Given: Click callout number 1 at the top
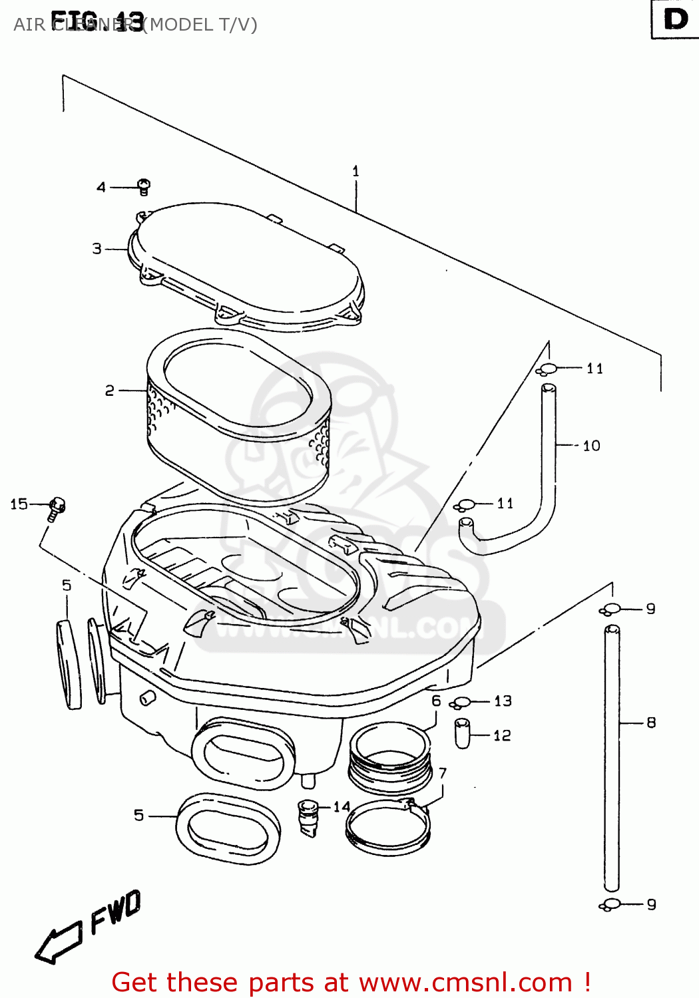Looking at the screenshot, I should point(355,171).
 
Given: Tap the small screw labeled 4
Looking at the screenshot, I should point(144,187).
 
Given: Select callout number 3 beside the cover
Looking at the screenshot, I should point(97,249).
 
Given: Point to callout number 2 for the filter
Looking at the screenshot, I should point(110,391).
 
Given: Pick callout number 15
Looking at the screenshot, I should point(19,504).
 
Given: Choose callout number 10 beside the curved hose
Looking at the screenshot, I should point(591,446).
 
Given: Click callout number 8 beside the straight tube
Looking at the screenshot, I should point(651,723).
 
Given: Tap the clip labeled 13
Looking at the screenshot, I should point(461,703).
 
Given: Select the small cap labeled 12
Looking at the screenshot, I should point(463,733).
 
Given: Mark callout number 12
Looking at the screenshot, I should point(502,735).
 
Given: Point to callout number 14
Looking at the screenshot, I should point(342,807).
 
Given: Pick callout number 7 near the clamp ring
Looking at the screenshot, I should point(443,773).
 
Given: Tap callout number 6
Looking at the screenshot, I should point(436,701).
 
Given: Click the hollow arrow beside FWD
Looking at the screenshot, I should point(58,943).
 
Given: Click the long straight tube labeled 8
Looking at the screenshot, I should point(612,758).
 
